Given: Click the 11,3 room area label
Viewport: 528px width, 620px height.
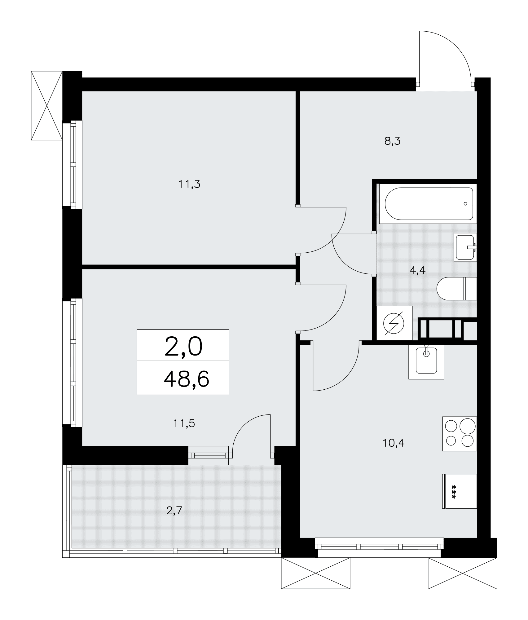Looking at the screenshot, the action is [189, 184].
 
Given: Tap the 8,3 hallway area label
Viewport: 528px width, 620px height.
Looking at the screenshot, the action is [392, 141].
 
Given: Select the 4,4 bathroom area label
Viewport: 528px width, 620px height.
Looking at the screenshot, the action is [417, 270].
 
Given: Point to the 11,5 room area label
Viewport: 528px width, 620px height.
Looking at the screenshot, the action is [184, 423].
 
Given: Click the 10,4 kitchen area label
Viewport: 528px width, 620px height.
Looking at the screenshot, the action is [394, 443].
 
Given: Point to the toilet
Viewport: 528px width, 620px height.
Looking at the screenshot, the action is [456, 288].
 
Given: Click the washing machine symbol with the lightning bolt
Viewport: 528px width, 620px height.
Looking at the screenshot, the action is [394, 323].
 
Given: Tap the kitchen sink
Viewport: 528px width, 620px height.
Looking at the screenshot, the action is [426, 361].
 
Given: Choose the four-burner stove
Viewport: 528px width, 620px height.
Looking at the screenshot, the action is [460, 434].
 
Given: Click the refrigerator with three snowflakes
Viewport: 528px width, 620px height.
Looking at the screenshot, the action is [460, 491].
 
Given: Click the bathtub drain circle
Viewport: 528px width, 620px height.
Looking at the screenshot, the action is [465, 204].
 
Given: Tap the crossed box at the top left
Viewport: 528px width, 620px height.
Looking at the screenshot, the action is [47, 105].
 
